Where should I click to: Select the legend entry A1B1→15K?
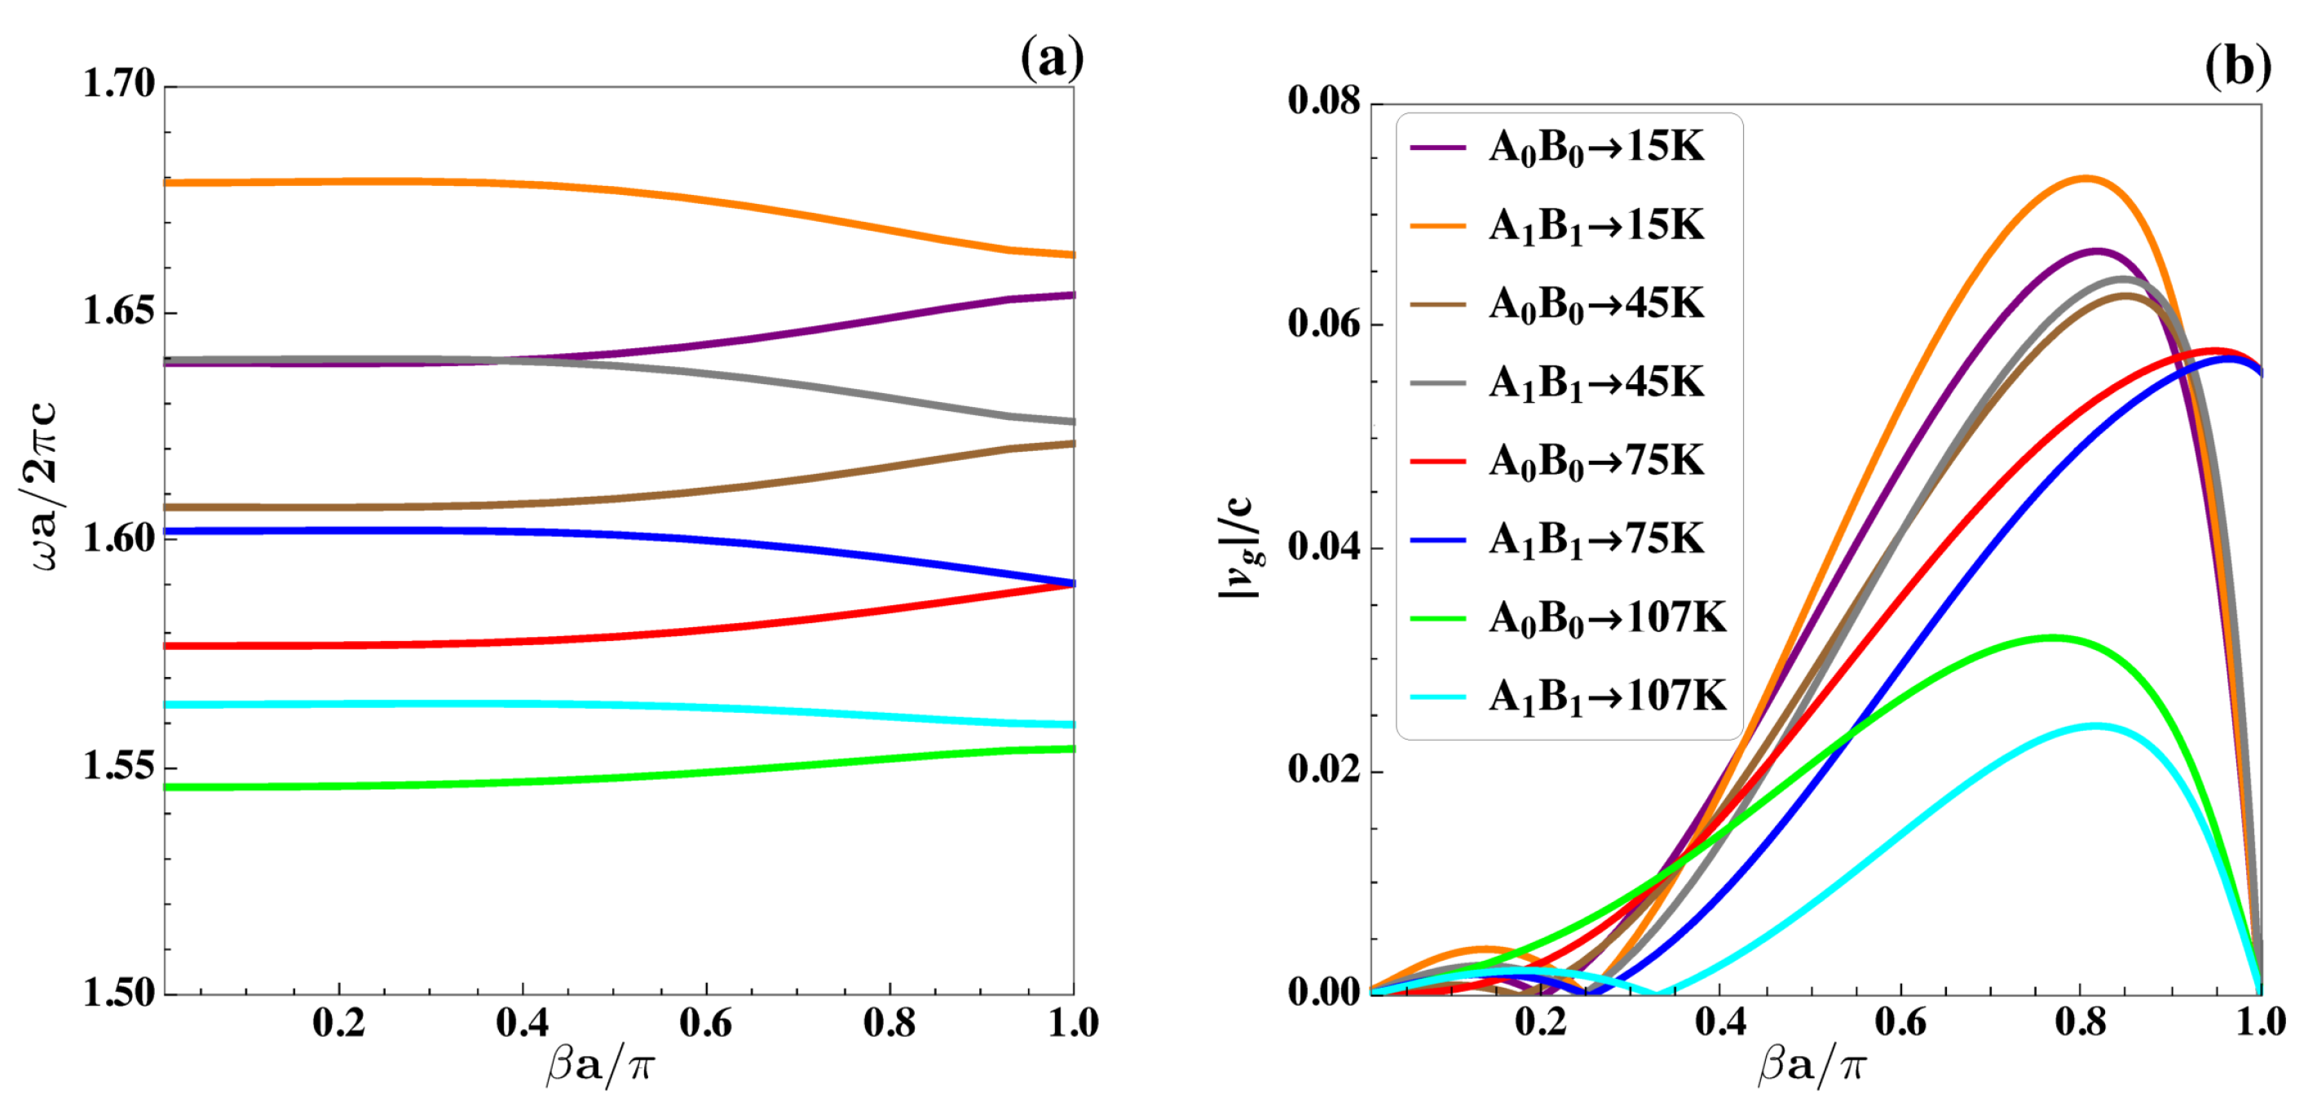[x=1596, y=225]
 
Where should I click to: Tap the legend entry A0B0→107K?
[x=1606, y=618]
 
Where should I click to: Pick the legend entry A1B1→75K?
[x=1596, y=539]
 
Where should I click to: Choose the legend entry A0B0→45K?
[x=1596, y=304]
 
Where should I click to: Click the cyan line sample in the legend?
[x=1437, y=697]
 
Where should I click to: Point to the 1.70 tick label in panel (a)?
[x=119, y=85]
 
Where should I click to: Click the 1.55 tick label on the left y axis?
[x=119, y=767]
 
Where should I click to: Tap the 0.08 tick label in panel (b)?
[x=1324, y=101]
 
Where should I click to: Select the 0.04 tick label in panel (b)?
[x=1324, y=546]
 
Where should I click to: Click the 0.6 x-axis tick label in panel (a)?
[x=706, y=1024]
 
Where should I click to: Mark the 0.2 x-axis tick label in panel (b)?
[x=1541, y=1024]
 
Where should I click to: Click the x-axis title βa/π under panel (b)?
[x=1812, y=1066]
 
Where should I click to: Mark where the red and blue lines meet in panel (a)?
[x=1071, y=583]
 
